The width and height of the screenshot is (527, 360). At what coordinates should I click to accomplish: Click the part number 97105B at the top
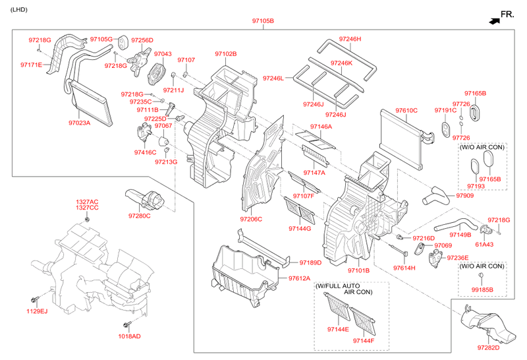click(x=263, y=21)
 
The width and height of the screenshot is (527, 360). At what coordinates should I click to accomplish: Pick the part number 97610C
click(x=406, y=110)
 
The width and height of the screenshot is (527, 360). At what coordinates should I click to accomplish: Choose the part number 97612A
click(x=299, y=278)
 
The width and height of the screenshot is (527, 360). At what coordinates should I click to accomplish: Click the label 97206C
click(x=251, y=219)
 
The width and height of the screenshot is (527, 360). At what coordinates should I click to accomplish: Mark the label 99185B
click(x=483, y=289)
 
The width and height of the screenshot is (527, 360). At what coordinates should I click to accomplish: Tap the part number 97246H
click(x=350, y=39)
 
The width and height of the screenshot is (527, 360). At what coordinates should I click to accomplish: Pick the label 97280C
click(x=139, y=216)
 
